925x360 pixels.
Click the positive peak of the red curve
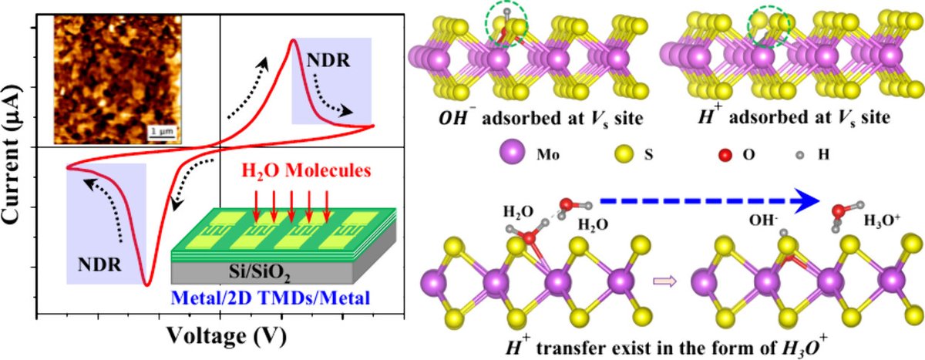point(293,40)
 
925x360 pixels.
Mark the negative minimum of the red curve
point(146,284)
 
